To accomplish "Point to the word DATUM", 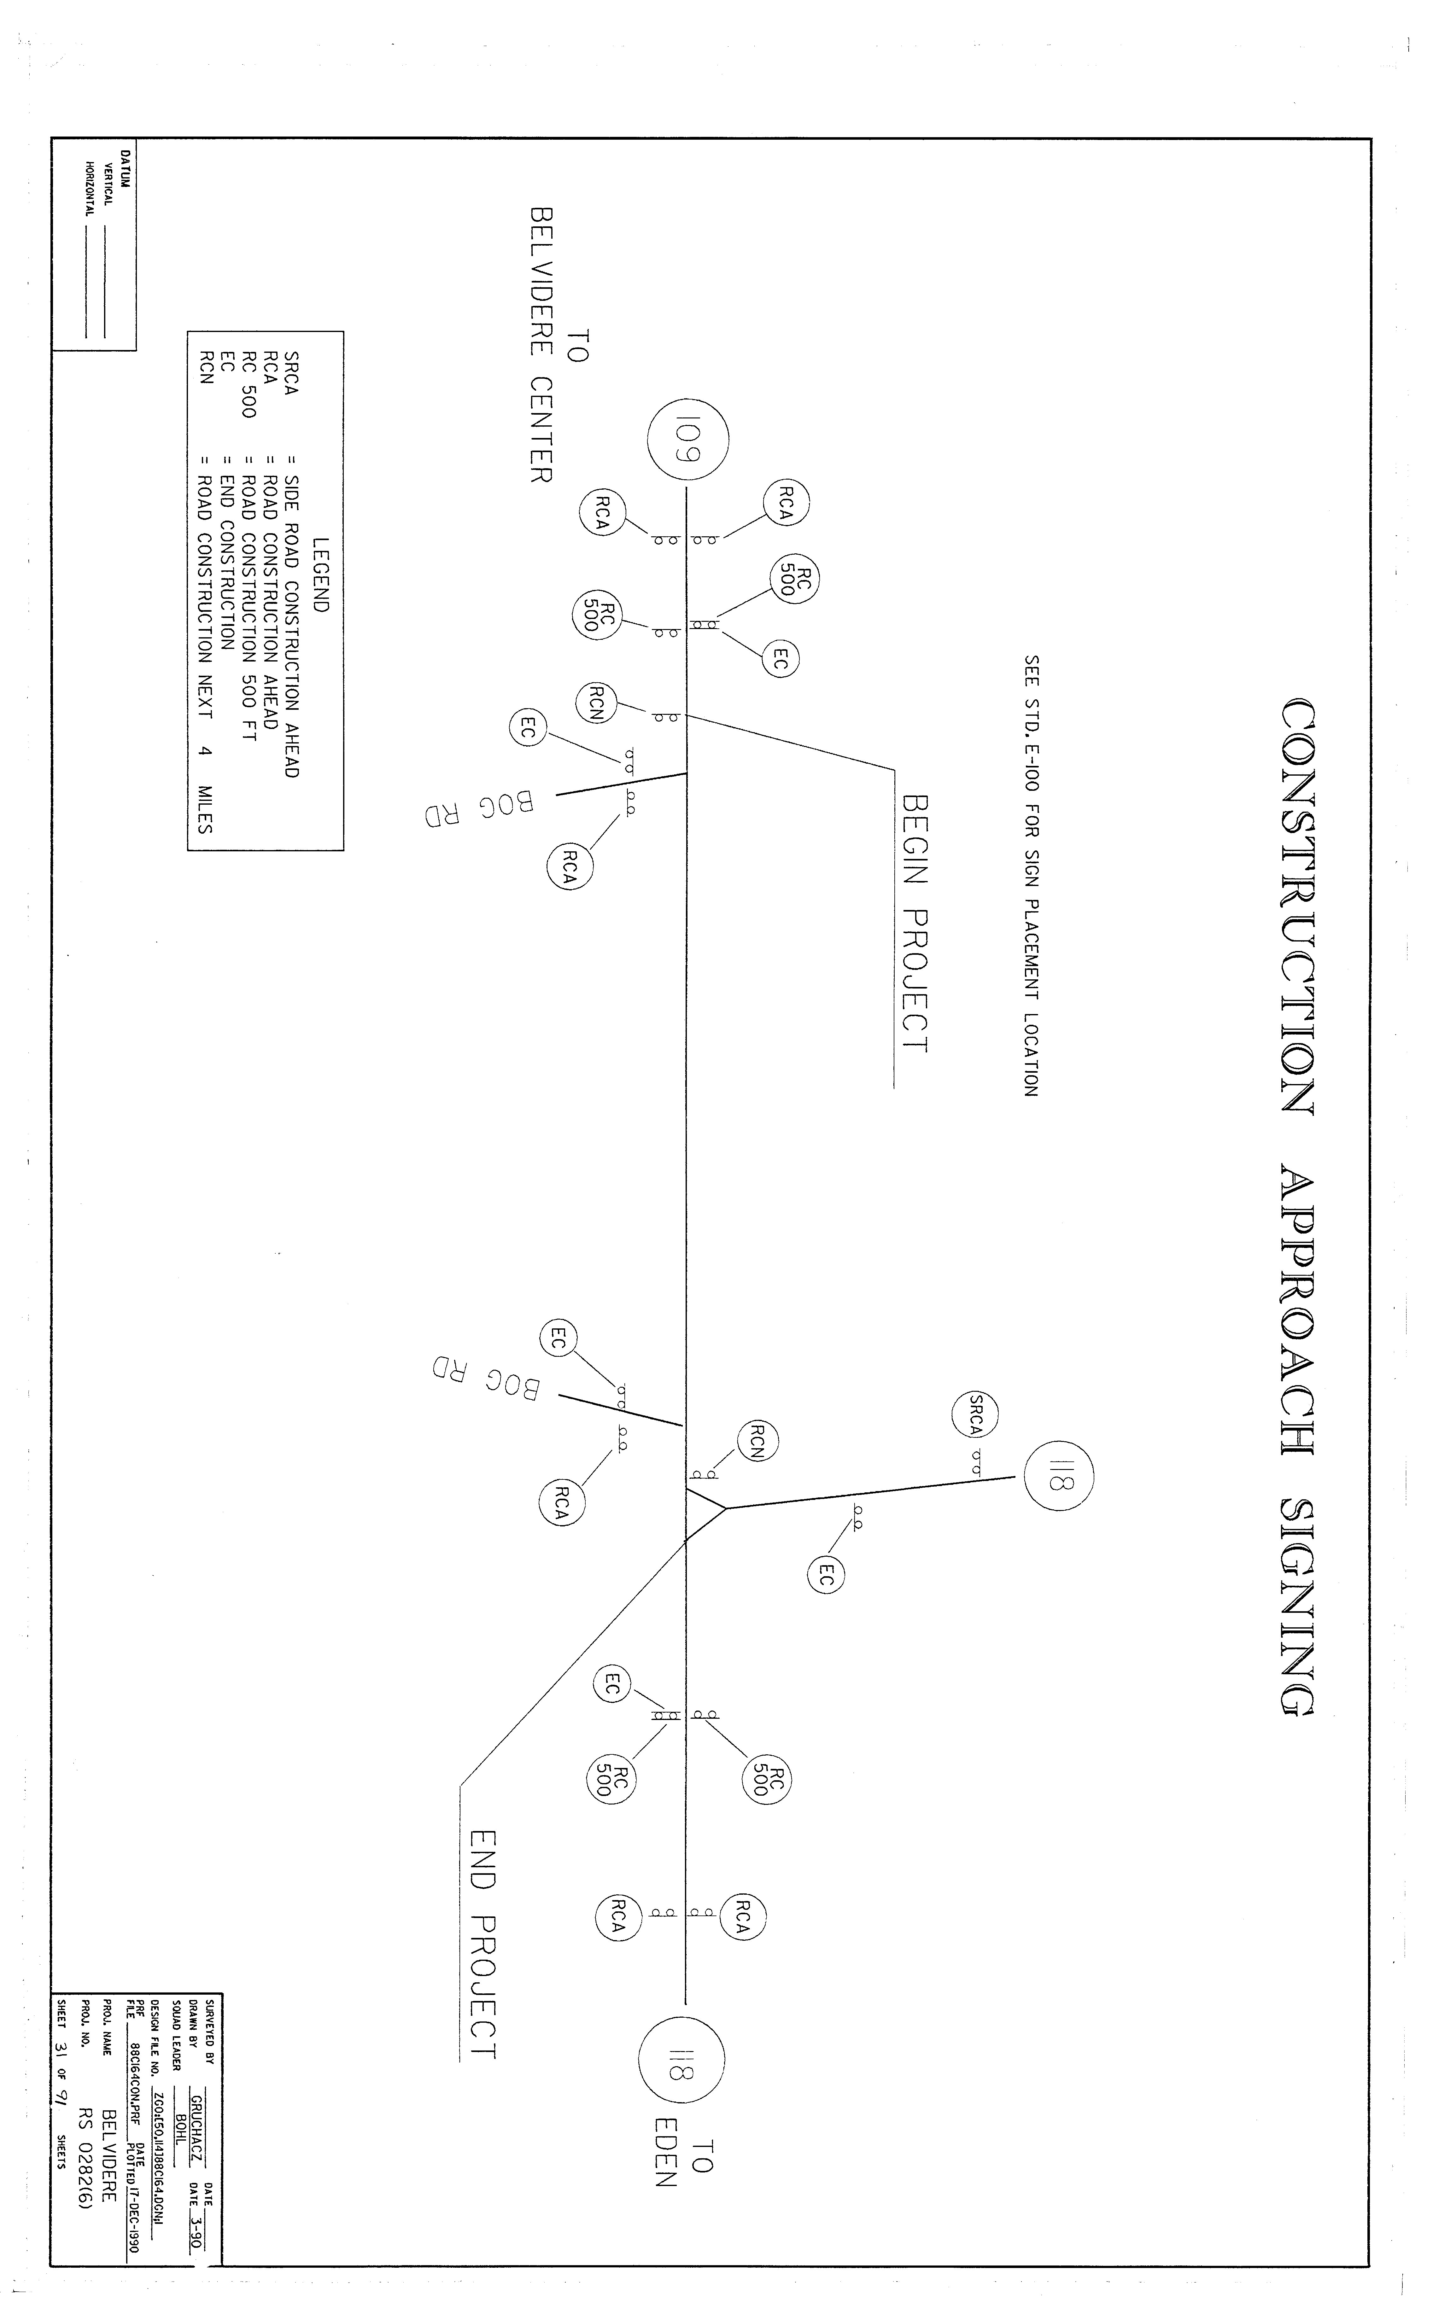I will pyautogui.click(x=125, y=169).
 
